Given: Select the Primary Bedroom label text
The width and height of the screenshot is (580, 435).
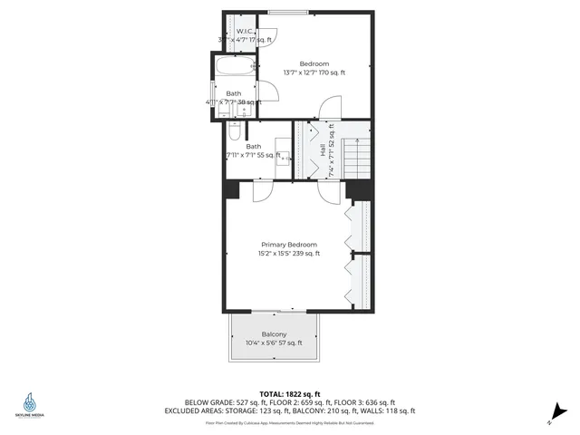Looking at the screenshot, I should (289, 245).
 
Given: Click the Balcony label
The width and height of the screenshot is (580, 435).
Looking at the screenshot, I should (274, 334).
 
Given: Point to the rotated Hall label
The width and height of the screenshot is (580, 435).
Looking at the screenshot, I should (323, 150).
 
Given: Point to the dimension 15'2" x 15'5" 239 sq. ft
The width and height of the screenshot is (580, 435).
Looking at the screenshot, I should (289, 255).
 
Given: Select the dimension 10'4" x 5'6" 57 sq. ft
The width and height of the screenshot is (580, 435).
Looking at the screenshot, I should (274, 343).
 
